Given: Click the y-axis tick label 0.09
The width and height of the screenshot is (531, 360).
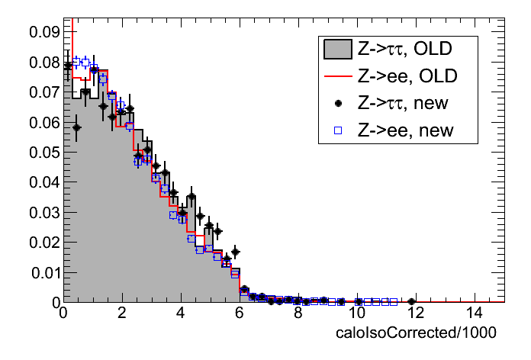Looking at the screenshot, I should [44, 33].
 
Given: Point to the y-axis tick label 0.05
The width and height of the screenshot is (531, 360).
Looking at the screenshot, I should [44, 153].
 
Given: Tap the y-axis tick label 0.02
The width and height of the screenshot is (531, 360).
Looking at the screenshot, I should [44, 243].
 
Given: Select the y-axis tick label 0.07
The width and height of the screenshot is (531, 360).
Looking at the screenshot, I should [44, 92].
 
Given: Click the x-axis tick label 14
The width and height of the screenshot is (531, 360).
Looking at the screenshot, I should [474, 313].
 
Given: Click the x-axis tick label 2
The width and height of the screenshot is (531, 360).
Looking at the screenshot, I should [122, 313].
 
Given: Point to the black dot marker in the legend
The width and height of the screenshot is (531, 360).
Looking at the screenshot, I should [336, 104].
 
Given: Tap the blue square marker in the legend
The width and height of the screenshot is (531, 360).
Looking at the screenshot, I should [336, 130].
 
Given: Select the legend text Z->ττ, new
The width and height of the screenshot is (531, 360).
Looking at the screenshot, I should [403, 104].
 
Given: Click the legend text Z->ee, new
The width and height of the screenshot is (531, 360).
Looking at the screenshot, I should [401, 130].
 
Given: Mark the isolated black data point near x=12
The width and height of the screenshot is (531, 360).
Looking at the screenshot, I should [412, 301].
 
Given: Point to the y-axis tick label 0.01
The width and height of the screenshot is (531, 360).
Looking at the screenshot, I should [44, 272].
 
